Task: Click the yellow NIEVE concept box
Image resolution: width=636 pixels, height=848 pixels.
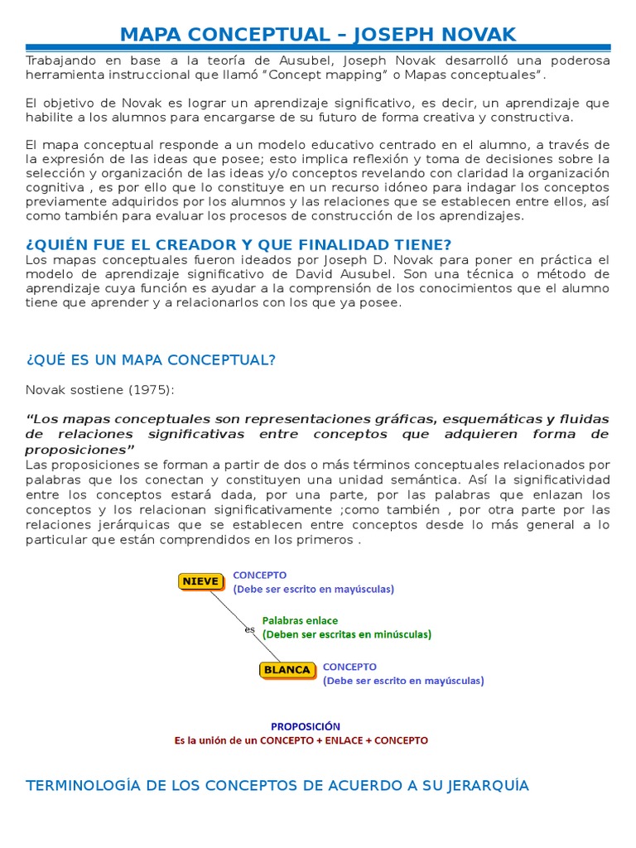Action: point(200,581)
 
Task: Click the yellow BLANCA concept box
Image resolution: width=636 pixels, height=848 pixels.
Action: point(286,670)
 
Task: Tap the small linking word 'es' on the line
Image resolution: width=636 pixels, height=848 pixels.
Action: point(249,629)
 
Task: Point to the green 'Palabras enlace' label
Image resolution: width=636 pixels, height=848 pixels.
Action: point(300,619)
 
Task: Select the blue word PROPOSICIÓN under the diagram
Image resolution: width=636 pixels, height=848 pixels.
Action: point(306,726)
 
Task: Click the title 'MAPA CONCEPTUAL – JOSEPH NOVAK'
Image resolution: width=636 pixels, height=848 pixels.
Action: point(318,34)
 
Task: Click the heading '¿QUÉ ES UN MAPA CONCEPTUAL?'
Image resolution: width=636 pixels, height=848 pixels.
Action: point(151,359)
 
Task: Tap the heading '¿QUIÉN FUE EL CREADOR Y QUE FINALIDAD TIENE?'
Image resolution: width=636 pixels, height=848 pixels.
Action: point(238,244)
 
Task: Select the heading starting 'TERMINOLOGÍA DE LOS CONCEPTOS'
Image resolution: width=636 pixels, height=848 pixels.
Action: point(277,785)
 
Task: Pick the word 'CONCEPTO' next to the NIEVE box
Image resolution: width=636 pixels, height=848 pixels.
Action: point(260,575)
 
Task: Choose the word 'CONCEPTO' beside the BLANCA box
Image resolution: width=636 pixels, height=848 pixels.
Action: point(349,666)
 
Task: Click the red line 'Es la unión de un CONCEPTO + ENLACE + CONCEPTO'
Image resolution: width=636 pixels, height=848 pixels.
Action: point(301,740)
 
